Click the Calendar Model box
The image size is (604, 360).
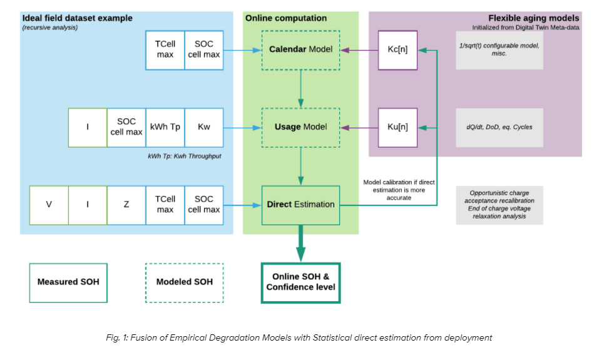(300, 49)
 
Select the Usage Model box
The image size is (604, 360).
(300, 127)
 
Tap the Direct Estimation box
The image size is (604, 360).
(300, 204)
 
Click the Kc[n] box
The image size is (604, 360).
(397, 49)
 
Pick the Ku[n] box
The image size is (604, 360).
(397, 127)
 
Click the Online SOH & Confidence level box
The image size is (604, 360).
(300, 282)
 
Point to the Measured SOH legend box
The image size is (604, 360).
(68, 282)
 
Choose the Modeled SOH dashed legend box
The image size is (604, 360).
(184, 282)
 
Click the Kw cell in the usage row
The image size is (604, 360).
(204, 127)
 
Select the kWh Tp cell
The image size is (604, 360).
(165, 127)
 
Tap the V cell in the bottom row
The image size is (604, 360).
(49, 204)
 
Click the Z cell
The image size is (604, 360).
(126, 204)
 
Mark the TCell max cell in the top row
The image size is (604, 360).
(165, 49)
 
